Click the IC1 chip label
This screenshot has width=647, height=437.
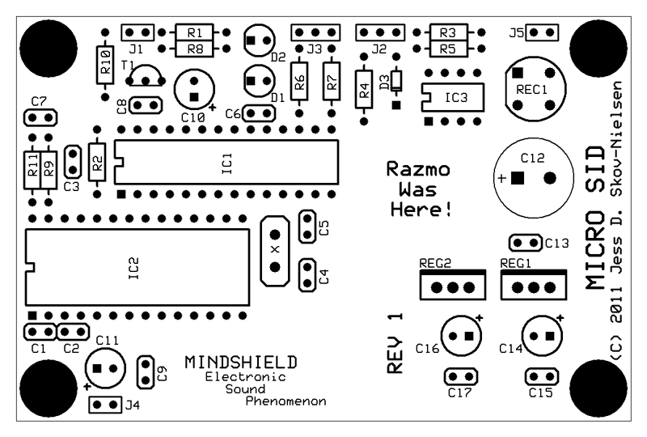(226, 163)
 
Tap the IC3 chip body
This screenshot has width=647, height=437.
(453, 97)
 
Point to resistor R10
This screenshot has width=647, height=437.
(104, 63)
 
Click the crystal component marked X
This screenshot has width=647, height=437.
(275, 250)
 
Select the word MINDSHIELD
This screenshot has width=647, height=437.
(240, 361)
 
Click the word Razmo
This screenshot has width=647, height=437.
(417, 171)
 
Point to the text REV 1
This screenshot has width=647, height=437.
(395, 343)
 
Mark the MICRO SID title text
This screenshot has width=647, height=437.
(594, 218)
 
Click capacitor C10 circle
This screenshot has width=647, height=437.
(194, 88)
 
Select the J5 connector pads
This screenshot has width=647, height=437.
(545, 32)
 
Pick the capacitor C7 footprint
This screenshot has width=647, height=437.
(39, 118)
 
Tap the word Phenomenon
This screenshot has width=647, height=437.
(286, 401)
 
